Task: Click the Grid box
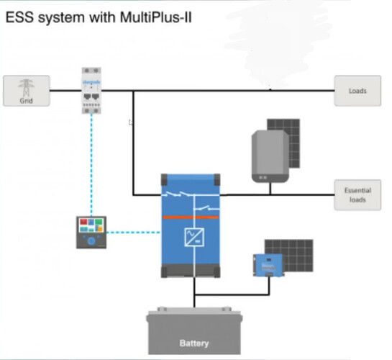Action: pyautogui.click(x=27, y=91)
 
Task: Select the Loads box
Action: pyautogui.click(x=357, y=91)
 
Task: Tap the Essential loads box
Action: pyautogui.click(x=357, y=195)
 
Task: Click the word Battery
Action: pyautogui.click(x=194, y=343)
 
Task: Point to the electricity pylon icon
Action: pyautogui.click(x=26, y=88)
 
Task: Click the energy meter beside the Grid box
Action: pyautogui.click(x=91, y=91)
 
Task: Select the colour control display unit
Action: pyautogui.click(x=91, y=233)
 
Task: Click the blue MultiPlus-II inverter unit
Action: pyautogui.click(x=191, y=225)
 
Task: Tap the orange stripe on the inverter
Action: pyautogui.click(x=191, y=217)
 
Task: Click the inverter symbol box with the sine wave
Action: pyautogui.click(x=194, y=237)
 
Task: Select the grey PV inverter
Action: pyautogui.click(x=270, y=156)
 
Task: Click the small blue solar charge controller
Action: pyautogui.click(x=268, y=265)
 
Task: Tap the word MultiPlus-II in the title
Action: pyautogui.click(x=156, y=18)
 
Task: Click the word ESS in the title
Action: pyautogui.click(x=19, y=18)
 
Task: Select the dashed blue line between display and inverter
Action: pyautogui.click(x=133, y=233)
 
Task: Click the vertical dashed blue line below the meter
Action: pyautogui.click(x=91, y=165)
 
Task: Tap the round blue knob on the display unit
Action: pyautogui.click(x=91, y=241)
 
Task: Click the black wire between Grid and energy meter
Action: pyautogui.click(x=65, y=91)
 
